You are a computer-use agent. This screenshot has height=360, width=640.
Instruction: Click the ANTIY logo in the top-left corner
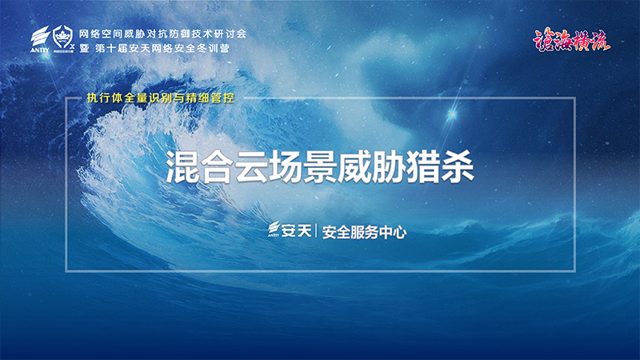[40, 39]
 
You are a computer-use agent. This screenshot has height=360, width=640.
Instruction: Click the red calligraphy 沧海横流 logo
[571, 41]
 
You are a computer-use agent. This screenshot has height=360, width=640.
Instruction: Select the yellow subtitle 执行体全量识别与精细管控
[161, 98]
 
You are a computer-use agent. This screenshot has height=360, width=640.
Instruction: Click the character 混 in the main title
[182, 166]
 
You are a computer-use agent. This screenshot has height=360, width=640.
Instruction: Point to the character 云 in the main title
[251, 166]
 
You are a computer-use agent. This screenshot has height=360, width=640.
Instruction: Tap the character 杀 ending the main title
[457, 166]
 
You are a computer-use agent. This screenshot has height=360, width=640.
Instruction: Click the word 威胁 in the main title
[354, 166]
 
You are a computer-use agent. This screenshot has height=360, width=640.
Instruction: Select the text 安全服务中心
[365, 232]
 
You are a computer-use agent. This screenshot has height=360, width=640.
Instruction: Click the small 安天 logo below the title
[290, 230]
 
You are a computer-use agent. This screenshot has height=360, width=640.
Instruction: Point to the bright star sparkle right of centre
[452, 114]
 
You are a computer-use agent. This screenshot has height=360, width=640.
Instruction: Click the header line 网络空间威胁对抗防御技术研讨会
[162, 34]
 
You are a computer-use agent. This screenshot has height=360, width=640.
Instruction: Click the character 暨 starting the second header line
[85, 48]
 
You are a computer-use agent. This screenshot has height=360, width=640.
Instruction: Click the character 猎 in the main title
[423, 166]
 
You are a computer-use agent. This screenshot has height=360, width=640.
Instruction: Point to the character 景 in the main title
[319, 166]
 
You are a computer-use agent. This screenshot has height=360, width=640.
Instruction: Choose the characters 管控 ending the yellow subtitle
[223, 98]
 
